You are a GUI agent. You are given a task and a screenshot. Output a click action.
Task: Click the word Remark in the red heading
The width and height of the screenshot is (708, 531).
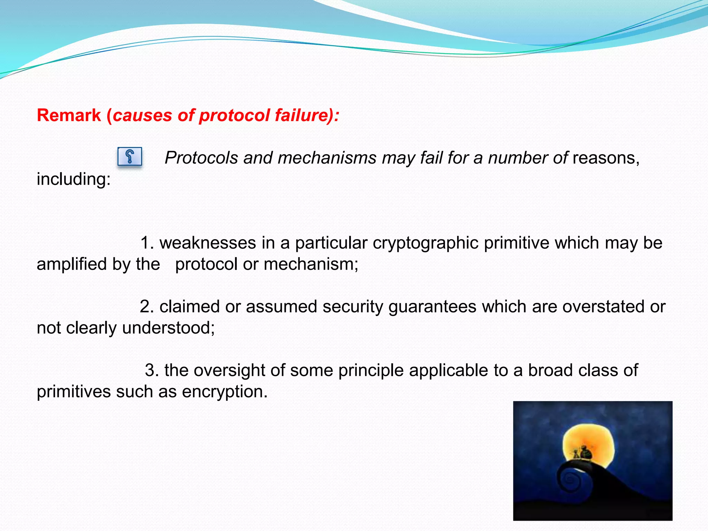[69, 115]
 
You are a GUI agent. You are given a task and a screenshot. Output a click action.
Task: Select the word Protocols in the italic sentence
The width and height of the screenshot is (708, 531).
[201, 158]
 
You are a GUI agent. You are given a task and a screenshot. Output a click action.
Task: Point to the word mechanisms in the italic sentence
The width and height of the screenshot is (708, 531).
[327, 158]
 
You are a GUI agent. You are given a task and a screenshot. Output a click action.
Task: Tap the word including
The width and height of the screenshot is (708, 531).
[73, 179]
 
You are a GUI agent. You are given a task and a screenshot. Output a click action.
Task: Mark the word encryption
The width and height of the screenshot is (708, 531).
[225, 392]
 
